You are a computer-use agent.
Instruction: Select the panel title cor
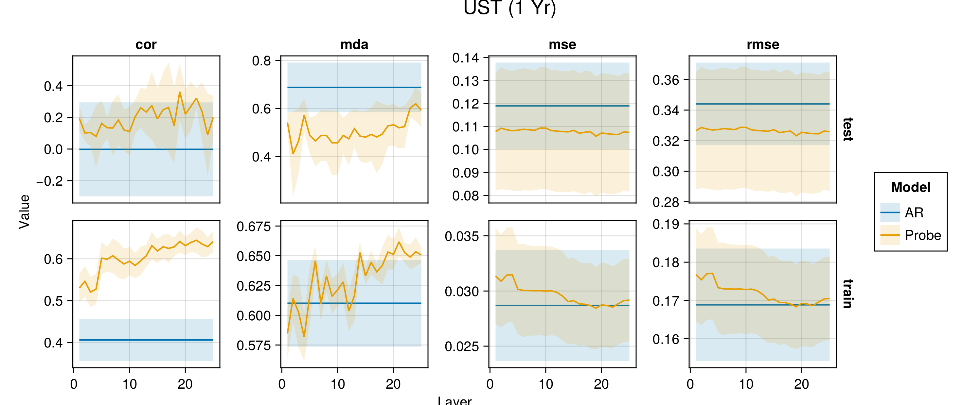[146, 44]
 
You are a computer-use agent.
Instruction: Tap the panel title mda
[354, 44]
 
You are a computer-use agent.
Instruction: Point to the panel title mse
[562, 44]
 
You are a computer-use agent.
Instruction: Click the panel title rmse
[763, 44]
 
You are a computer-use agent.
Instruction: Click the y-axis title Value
[24, 211]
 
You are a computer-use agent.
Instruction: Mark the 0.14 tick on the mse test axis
[465, 58]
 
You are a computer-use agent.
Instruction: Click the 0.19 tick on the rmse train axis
[666, 224]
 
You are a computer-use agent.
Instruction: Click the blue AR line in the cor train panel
[146, 340]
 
